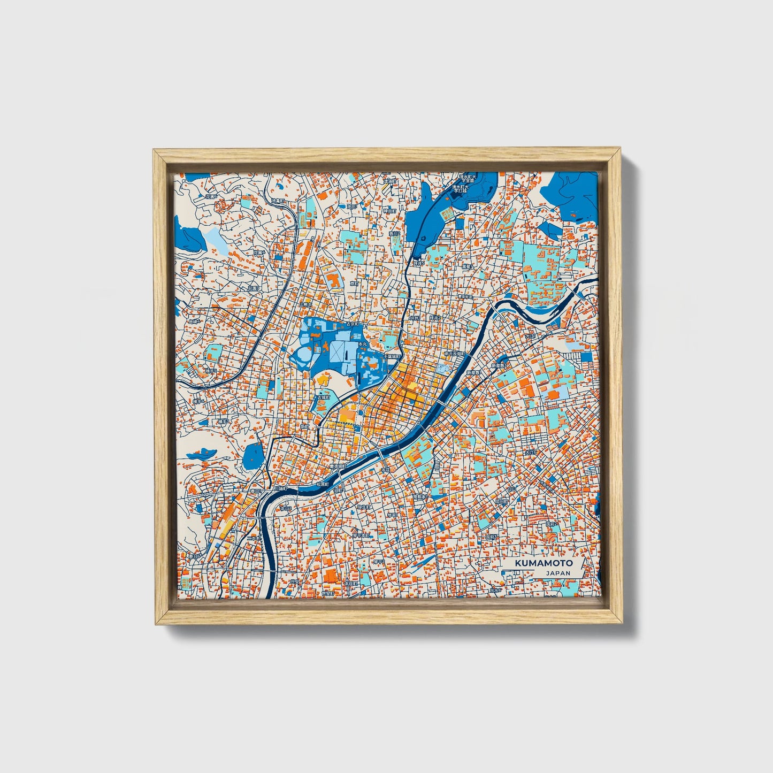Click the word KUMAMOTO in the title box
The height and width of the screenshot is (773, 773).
544,563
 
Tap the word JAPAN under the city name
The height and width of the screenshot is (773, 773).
558,573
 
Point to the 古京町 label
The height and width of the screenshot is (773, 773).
354,324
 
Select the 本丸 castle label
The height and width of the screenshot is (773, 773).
362,344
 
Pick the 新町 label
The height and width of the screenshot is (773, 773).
304,427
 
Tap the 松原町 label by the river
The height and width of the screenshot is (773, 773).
322,484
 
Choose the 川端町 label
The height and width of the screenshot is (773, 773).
280,488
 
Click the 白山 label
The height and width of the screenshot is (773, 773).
512,489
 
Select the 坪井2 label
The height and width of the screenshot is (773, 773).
433,318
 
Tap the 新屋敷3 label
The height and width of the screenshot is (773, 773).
499,366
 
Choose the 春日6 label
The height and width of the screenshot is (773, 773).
194,556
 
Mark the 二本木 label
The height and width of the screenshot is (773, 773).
255,537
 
